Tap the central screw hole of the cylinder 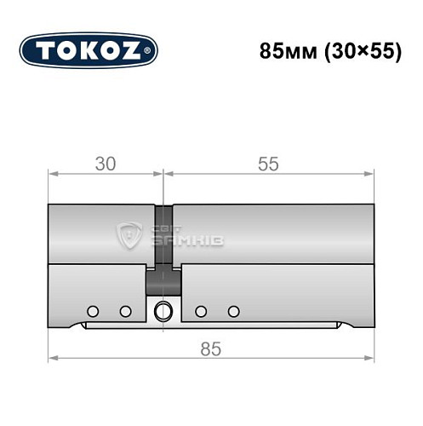163,311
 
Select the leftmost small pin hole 93,310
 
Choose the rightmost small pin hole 232,310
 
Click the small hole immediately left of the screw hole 125,310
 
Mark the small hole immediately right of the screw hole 200,310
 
